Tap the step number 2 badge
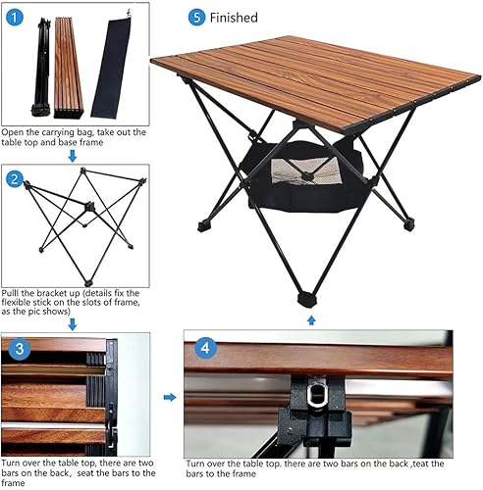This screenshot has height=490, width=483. tap(14, 179)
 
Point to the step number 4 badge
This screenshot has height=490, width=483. tap(201, 346)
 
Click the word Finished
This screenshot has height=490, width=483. tap(235, 18)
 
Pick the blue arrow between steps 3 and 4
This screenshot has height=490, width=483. tap(168, 397)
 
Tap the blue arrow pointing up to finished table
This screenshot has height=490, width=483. tap(311, 319)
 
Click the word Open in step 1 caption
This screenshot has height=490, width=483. tap(15, 131)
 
